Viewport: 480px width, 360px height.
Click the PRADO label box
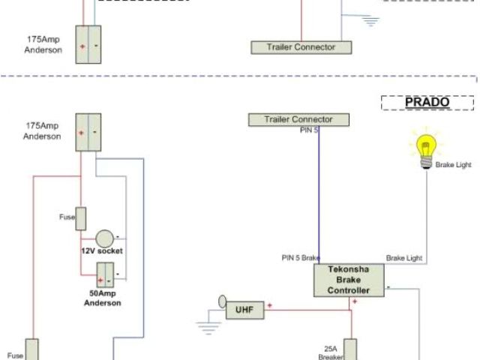pyautogui.click(x=427, y=103)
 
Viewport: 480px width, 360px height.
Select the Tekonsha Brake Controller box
pyautogui.click(x=350, y=280)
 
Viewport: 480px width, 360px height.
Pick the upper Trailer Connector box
pyautogui.click(x=300, y=47)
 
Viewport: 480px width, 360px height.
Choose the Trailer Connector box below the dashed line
pyautogui.click(x=300, y=119)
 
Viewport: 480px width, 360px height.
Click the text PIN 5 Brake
pyautogui.click(x=301, y=258)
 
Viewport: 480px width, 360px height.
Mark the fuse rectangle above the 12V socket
pyautogui.click(x=82, y=217)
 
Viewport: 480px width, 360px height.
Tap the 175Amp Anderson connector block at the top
pyautogui.click(x=91, y=44)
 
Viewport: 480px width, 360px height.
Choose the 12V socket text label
pyautogui.click(x=103, y=251)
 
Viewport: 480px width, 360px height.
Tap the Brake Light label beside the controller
pyautogui.click(x=404, y=258)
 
